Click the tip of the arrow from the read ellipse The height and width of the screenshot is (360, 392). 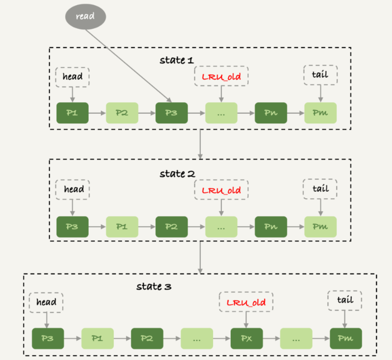coord(172,102)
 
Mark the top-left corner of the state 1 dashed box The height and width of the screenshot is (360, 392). coord(50,48)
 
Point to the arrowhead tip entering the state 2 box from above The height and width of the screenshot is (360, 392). coord(200,159)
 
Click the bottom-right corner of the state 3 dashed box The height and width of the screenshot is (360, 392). coord(377,355)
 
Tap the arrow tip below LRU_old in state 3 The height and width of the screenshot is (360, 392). coord(246,328)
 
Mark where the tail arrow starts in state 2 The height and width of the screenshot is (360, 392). coord(321,199)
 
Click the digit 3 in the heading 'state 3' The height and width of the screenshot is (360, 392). coord(168,287)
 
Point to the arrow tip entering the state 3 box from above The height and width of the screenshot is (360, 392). coord(200,274)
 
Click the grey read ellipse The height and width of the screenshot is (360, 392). coord(86,17)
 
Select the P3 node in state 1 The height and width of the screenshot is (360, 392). coord(172,113)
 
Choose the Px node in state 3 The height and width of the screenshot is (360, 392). coord(246,338)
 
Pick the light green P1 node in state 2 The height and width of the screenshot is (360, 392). coord(122,227)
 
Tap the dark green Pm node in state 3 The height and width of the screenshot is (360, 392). coord(346,338)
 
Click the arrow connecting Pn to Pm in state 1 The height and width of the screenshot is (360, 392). coord(296,113)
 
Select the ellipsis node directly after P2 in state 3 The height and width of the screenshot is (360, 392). coord(197,338)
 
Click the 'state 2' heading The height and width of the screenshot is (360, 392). coord(177,174)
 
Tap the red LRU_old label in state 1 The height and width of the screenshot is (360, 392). coord(221,76)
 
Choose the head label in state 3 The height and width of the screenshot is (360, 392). coord(46,302)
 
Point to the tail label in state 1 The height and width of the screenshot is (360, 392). coord(320,75)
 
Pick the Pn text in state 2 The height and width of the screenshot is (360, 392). coord(271,227)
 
